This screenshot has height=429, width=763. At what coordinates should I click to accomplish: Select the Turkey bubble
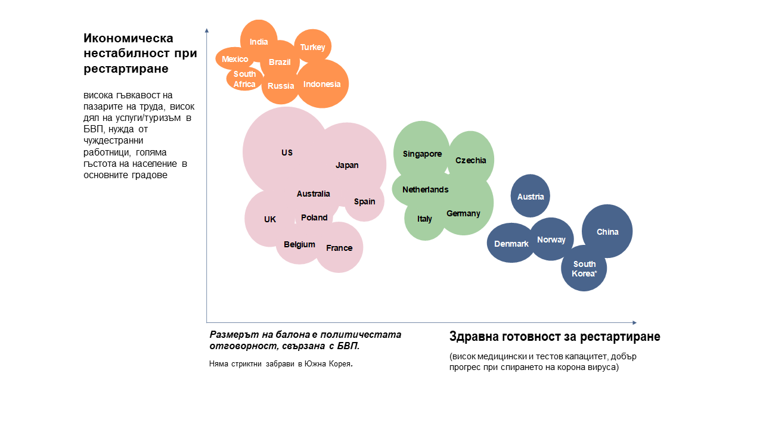313,46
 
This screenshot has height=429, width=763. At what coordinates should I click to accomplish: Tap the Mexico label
235,59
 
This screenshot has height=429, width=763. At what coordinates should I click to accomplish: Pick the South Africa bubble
244,79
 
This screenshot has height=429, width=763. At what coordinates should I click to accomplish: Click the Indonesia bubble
322,84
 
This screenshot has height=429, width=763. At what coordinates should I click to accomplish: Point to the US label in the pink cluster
287,153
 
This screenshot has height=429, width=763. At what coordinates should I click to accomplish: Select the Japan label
347,165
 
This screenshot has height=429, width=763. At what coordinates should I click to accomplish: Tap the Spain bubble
364,201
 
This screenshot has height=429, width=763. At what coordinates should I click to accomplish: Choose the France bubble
339,247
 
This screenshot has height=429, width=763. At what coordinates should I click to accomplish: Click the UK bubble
270,219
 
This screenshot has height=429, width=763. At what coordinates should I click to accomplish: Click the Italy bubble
424,219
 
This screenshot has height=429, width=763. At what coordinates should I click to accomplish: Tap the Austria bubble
531,196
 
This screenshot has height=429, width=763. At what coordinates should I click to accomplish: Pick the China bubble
607,232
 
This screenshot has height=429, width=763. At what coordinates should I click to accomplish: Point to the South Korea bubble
584,268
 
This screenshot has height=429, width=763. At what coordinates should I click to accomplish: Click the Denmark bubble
511,243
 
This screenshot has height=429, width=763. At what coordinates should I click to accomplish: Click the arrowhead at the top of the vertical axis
207,30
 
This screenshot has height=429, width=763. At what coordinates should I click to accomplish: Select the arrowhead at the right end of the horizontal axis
635,322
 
